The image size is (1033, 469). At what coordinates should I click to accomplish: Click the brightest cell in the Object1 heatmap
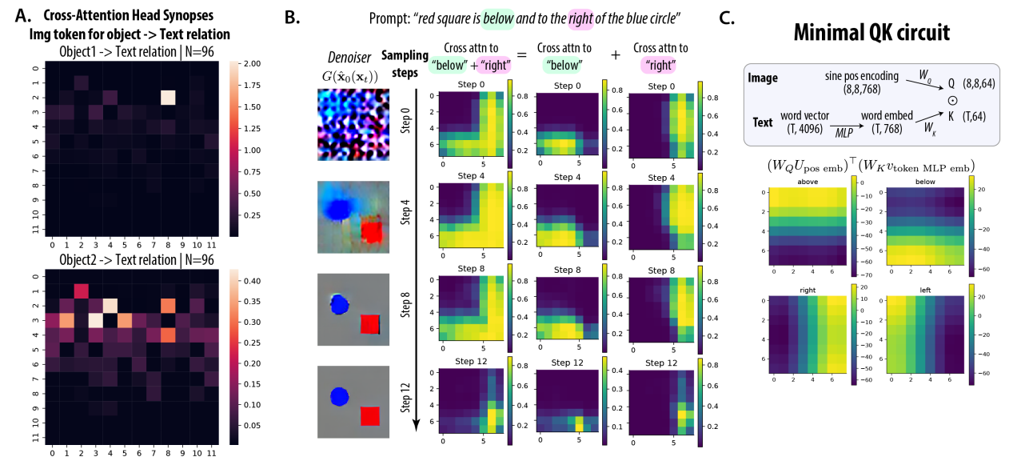pyautogui.click(x=167, y=98)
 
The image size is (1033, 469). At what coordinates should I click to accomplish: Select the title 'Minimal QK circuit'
pyautogui.click(x=872, y=33)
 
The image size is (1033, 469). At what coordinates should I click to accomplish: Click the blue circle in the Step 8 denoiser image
pyautogui.click(x=340, y=303)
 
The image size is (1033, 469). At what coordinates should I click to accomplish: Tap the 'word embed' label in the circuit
pyautogui.click(x=880, y=117)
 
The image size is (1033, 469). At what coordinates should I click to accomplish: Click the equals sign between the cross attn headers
pyautogui.click(x=520, y=54)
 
